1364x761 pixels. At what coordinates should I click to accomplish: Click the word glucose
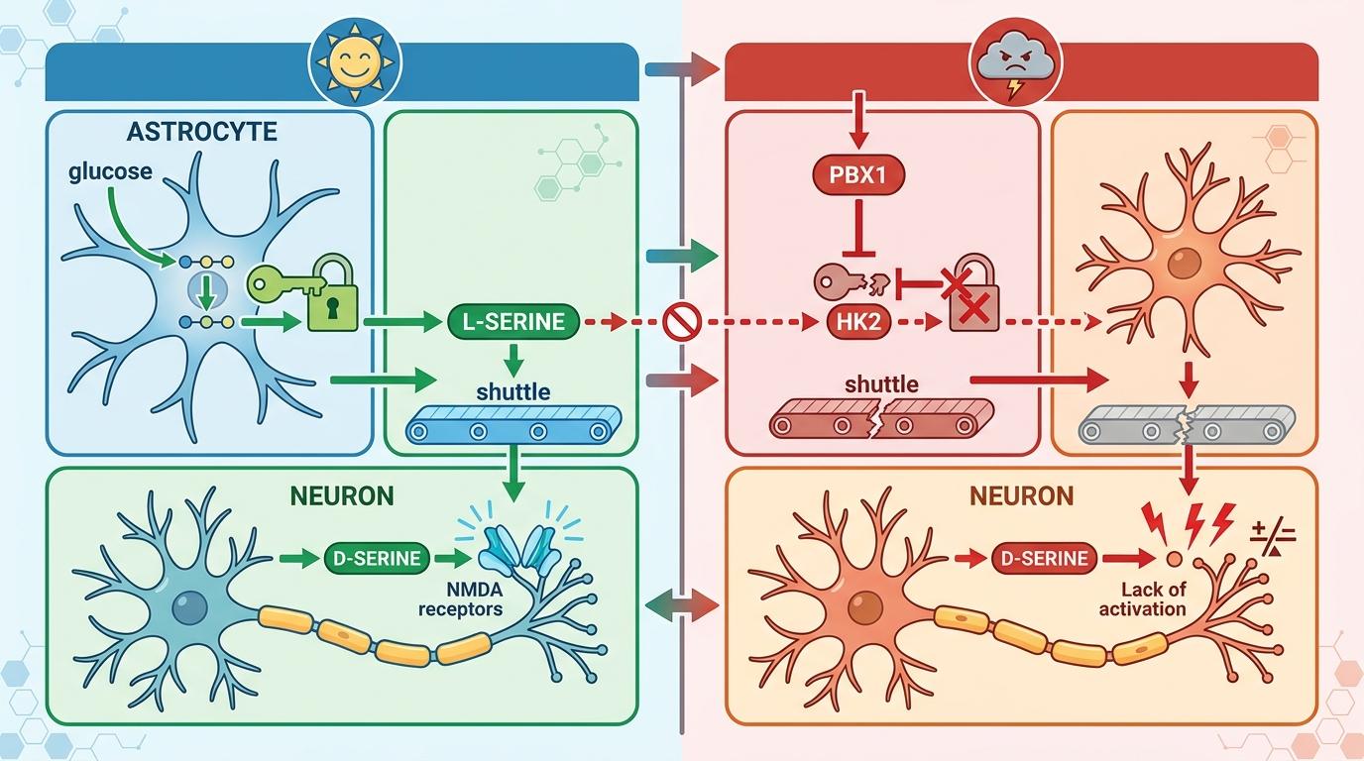[x=110, y=171]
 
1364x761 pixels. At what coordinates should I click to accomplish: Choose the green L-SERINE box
[x=512, y=321]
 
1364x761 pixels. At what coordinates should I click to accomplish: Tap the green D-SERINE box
[x=377, y=558]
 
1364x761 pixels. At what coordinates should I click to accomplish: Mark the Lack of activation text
[x=1142, y=598]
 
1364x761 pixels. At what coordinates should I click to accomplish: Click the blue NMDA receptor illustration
[x=520, y=549]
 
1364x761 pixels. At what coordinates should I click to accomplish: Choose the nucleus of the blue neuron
[x=188, y=607]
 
